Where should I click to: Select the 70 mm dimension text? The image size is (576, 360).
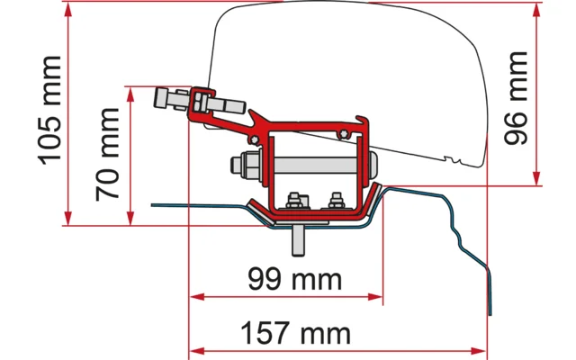pyautogui.click(x=107, y=153)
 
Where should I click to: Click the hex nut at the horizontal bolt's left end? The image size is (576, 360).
pyautogui.click(x=239, y=168)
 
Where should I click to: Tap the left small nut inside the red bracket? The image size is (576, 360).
pyautogui.click(x=294, y=201)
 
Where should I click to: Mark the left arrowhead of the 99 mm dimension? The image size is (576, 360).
pyautogui.click(x=197, y=295)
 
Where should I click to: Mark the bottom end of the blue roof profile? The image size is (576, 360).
pyautogui.click(x=490, y=315)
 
